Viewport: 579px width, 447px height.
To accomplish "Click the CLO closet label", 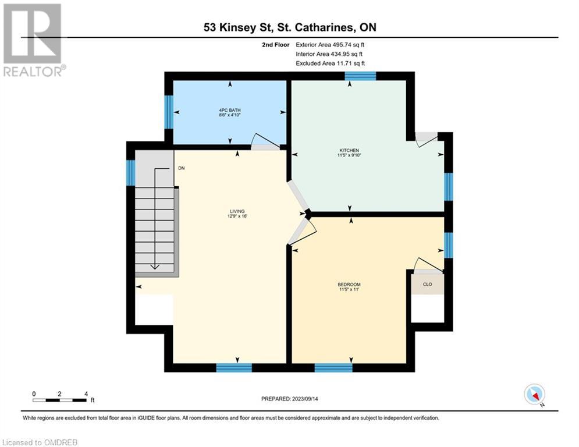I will point(427,285).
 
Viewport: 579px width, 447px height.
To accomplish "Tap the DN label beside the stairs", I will point(182,169).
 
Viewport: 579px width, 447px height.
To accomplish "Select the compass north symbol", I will point(534,395).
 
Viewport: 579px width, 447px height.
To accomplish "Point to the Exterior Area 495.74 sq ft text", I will point(330,44).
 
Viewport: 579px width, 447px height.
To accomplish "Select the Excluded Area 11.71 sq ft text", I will point(330,63).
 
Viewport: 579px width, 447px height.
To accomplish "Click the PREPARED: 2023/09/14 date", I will point(290,399).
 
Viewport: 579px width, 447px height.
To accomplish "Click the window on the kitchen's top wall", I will point(360,76).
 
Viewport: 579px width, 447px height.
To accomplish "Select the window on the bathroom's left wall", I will point(169,112).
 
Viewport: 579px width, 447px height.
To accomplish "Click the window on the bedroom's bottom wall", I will point(333,367).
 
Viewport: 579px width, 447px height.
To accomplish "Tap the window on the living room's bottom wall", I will point(234,367).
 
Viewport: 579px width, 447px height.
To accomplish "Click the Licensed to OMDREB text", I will point(39,442).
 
